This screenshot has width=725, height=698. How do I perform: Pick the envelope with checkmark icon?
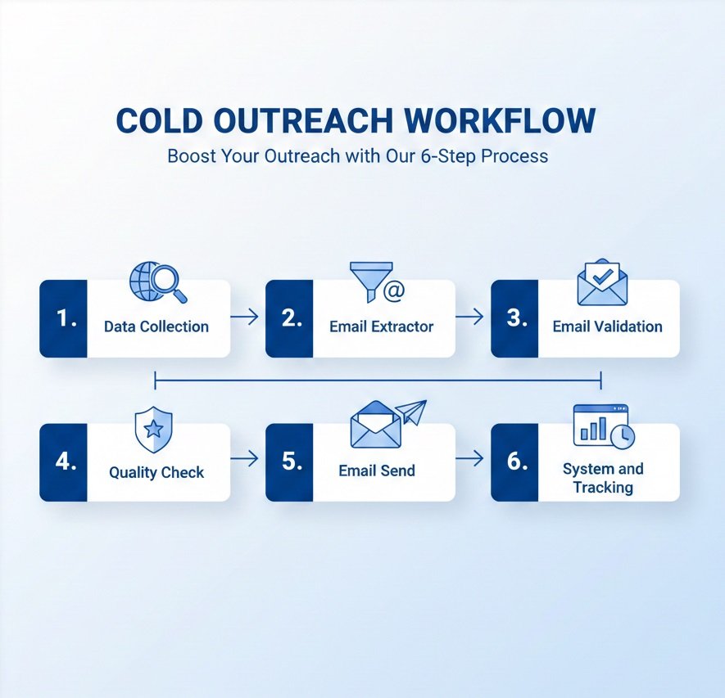[x=602, y=283]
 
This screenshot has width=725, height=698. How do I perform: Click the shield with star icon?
[x=152, y=429]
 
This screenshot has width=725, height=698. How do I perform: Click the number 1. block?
[x=64, y=318]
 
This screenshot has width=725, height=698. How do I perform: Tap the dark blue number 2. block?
[x=290, y=318]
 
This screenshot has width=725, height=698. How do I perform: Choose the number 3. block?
[x=514, y=318]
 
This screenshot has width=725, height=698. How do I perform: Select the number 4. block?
[x=64, y=462]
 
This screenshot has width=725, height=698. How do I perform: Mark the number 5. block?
[x=290, y=462]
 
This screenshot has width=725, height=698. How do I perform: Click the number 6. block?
[x=514, y=462]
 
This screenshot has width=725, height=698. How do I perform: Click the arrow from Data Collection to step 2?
[x=244, y=317]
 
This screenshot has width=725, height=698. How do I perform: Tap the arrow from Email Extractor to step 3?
[x=469, y=317]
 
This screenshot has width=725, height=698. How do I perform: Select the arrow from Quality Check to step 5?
[x=244, y=460]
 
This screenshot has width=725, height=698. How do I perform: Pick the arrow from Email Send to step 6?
[x=469, y=460]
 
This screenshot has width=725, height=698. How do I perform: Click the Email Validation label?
[x=607, y=326]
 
